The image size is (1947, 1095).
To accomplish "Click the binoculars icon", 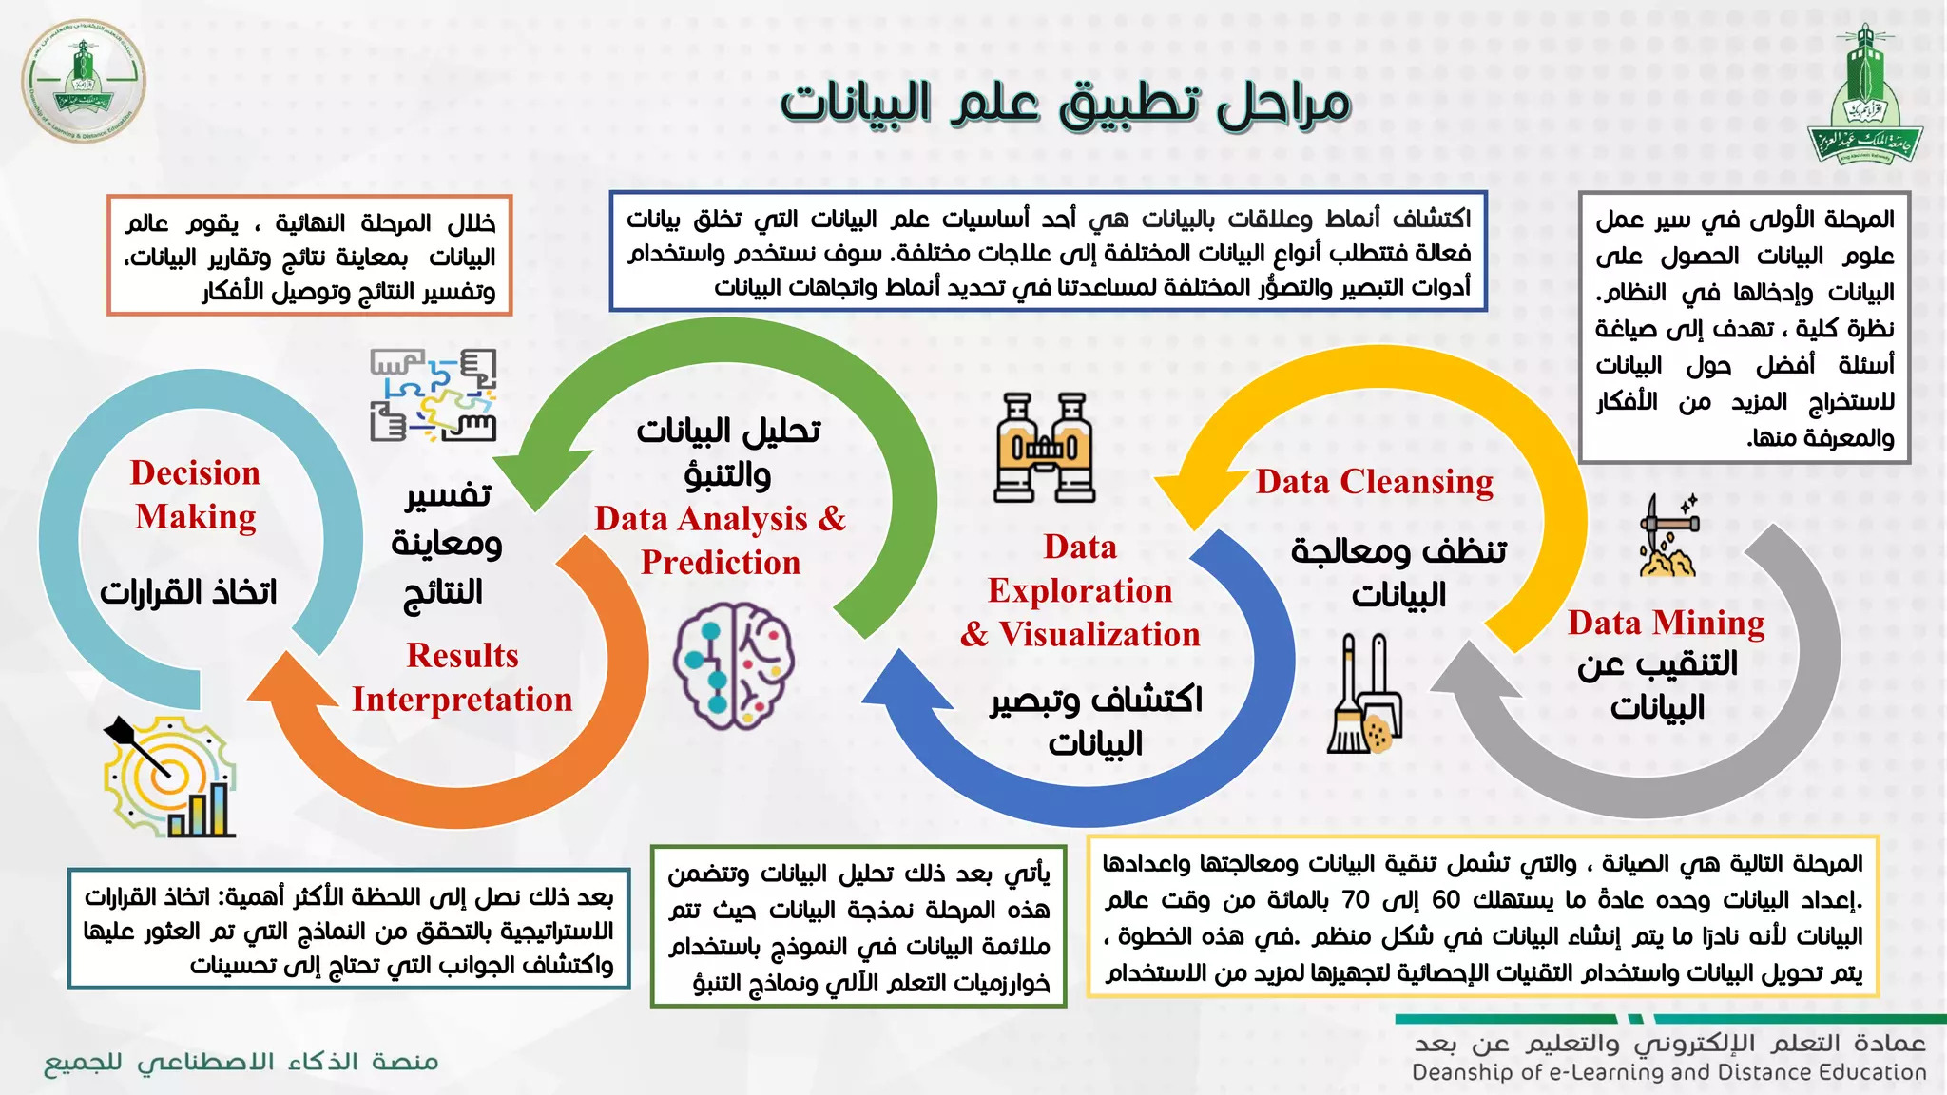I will [1044, 448].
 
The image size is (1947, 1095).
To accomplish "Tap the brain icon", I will [733, 665].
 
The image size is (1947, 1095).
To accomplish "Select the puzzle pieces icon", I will [434, 395].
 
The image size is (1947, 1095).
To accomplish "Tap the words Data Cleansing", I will [1374, 482].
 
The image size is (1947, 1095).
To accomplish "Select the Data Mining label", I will [1666, 623].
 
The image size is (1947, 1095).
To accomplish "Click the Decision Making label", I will [195, 494].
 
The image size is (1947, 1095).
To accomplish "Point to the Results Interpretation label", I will [462, 678].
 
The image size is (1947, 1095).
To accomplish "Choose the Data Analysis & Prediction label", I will [721, 540].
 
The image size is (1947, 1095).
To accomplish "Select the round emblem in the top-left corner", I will [84, 80].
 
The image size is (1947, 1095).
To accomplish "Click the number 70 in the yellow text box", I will [1355, 899].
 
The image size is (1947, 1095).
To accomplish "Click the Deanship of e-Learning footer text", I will [1668, 1072].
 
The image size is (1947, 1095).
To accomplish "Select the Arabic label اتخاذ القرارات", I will [188, 592].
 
